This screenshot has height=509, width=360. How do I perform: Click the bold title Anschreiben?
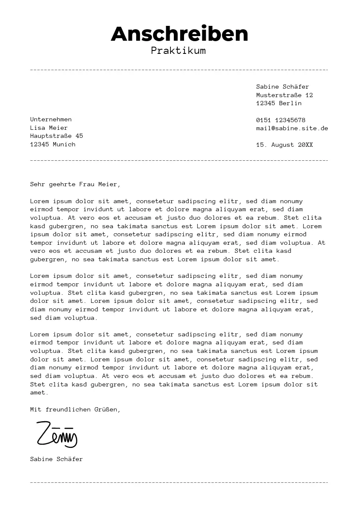coord(179,34)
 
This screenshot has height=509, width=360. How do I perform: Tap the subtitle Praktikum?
coord(178,51)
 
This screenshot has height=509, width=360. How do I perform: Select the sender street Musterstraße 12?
coord(284,95)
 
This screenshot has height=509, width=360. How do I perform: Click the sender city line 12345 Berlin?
coord(279,103)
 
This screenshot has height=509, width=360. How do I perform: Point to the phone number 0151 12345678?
coord(280,120)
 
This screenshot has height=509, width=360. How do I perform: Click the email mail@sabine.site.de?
coord(292,128)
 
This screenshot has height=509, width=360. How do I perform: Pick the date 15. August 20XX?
coord(284,145)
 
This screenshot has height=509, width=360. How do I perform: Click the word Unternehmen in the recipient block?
coord(50,119)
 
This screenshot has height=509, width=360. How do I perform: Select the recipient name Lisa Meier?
coord(49,128)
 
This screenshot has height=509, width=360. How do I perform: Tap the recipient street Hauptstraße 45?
coord(56,136)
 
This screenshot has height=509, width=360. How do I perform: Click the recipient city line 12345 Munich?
coord(53,144)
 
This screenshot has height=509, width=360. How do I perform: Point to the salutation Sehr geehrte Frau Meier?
coord(75,184)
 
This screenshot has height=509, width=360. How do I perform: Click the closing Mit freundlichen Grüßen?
coord(75,409)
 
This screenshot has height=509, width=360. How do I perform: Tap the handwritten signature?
coord(56,434)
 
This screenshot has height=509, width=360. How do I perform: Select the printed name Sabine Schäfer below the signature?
coord(56,459)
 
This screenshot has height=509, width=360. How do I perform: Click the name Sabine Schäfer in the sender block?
coord(282,87)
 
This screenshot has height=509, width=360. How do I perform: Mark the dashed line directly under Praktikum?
coord(179,70)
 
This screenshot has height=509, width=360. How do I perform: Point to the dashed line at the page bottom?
coord(179,483)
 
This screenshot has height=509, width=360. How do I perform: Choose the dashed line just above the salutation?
coord(179,161)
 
